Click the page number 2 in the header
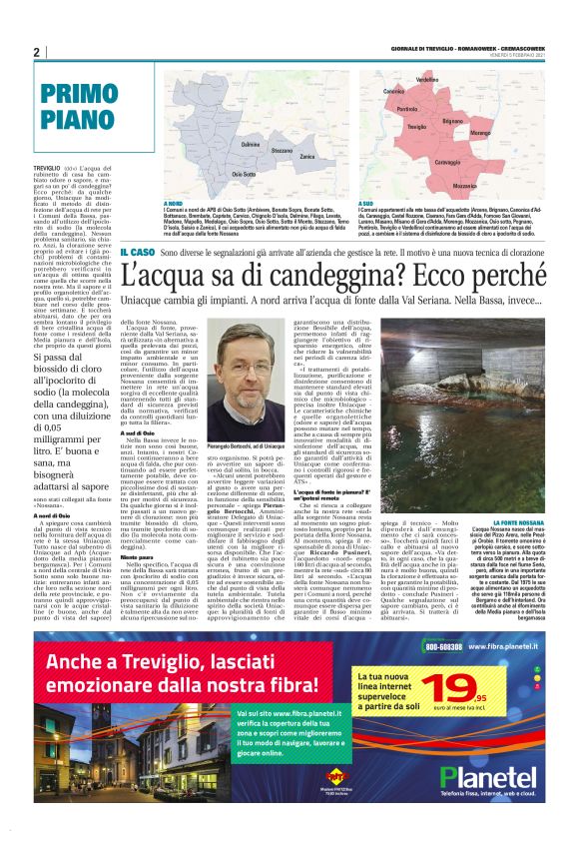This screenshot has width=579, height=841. tap(36, 52)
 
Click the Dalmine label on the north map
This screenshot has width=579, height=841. tap(252, 145)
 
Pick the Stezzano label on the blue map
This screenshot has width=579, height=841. tap(282, 151)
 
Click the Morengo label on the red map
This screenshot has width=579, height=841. tap(509, 132)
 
